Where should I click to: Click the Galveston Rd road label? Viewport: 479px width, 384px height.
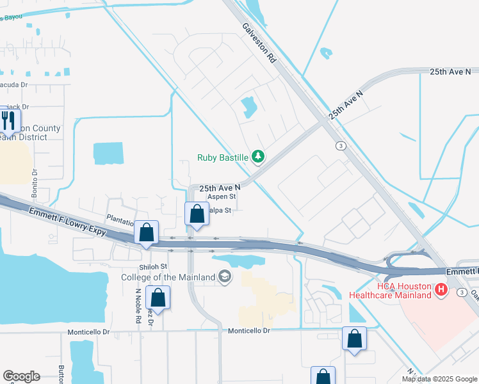259,44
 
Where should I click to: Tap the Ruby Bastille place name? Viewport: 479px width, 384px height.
223,156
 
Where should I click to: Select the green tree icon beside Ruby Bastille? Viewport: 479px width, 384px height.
258,156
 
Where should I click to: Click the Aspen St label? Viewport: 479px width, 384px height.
222,197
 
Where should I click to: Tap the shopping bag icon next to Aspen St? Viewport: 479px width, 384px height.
197,214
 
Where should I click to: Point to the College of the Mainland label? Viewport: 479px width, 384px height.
168,276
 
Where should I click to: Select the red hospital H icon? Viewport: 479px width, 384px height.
441,290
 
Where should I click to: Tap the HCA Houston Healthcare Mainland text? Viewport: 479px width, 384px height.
390,291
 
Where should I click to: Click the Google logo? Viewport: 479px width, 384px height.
21,376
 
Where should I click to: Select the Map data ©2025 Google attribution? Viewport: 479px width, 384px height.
439,379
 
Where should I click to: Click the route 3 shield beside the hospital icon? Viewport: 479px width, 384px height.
461,292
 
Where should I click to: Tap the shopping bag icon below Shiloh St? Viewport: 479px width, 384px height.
158,298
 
